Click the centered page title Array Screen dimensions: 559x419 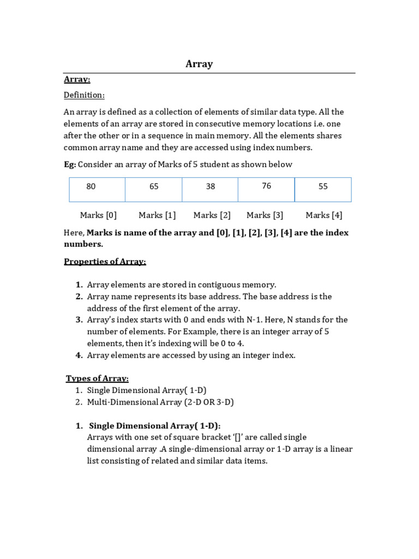[x=199, y=64]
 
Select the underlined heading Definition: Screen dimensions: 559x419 [x=84, y=95]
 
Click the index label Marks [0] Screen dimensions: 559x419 [x=98, y=215]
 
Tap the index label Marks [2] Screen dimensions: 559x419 [x=212, y=215]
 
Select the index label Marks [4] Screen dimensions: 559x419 [x=324, y=215]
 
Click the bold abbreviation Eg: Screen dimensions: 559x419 [x=70, y=164]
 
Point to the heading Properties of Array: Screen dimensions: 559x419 [x=105, y=261]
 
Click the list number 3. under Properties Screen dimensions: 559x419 [x=79, y=320]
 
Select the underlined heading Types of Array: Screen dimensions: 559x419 [x=97, y=378]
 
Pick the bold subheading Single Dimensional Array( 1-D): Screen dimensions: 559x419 [x=154, y=426]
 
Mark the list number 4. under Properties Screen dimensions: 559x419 [x=79, y=355]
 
